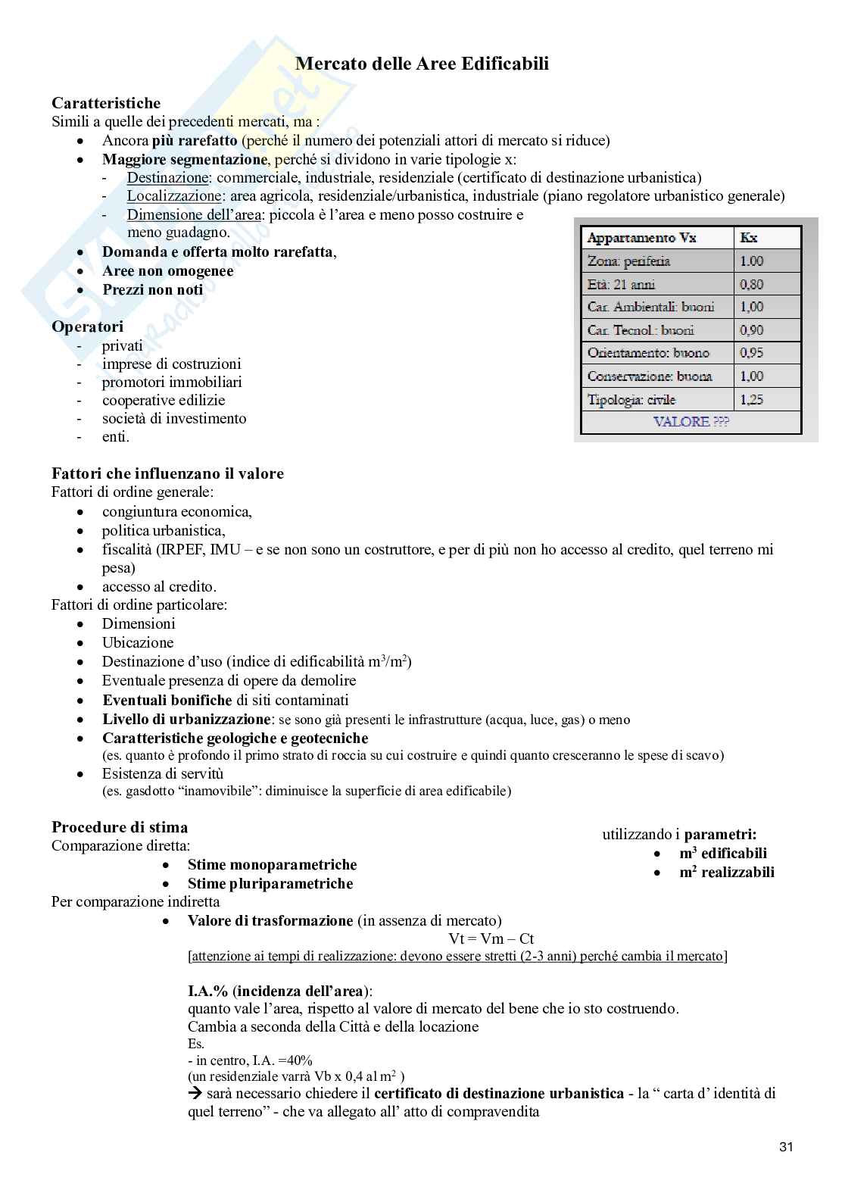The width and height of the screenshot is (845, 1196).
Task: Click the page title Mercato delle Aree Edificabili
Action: pos(422,64)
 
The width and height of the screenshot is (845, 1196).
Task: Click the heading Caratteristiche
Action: pos(106,103)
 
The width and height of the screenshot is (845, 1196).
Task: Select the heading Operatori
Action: pos(87,326)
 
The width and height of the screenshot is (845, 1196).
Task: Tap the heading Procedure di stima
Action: pos(120,827)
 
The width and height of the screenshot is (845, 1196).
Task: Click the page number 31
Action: pos(785,1147)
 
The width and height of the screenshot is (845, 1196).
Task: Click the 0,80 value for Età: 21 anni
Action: pos(752,285)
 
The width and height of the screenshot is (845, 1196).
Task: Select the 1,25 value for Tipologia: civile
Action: pos(752,399)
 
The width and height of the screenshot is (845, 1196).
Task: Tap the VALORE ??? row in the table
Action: pos(691,422)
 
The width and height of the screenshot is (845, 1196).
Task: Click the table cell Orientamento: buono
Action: pos(648,353)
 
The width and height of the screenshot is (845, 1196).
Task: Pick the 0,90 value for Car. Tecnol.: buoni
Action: pos(752,330)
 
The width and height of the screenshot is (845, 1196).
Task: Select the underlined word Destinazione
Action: pos(167,178)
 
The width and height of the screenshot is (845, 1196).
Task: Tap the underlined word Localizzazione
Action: pos(174,196)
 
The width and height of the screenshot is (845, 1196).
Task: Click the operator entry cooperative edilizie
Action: pos(164,400)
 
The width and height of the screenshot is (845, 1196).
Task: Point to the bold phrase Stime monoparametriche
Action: pos(272,865)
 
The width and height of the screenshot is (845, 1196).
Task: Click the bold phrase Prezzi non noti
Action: pos(153,290)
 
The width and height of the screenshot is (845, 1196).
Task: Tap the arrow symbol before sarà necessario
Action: pos(195,1094)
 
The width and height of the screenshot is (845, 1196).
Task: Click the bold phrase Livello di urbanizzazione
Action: pos(186,719)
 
